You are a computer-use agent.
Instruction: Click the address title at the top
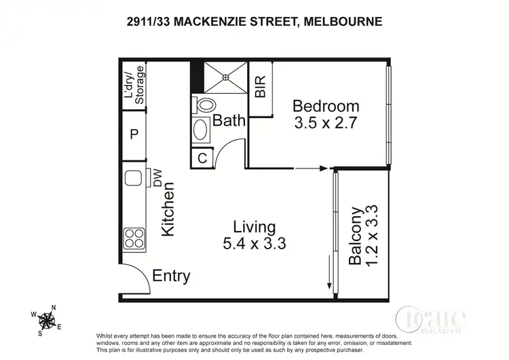(x=254, y=21)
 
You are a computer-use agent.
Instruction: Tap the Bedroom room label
(x=325, y=107)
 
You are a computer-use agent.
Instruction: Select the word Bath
(x=229, y=122)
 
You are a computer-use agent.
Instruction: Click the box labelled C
(x=202, y=158)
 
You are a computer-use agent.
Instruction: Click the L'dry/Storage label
(x=134, y=85)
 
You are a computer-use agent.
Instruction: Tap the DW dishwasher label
(x=157, y=178)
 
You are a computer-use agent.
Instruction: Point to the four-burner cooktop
(x=134, y=238)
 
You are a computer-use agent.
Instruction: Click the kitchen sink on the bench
(x=132, y=179)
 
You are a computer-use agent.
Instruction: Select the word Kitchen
(x=168, y=209)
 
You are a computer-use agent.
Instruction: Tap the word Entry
(x=171, y=276)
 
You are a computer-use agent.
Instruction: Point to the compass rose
(x=48, y=319)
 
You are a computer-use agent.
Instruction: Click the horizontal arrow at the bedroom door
(x=312, y=168)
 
